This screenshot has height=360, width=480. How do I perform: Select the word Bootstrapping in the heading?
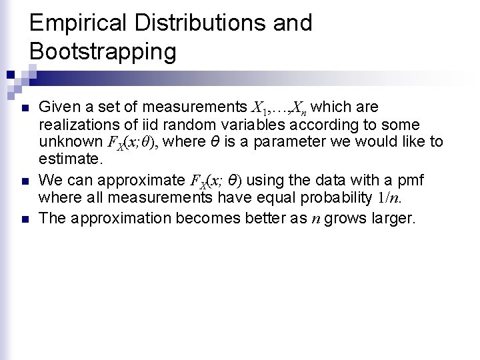[x=103, y=51]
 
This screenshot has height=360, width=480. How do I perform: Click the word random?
[x=180, y=125]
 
